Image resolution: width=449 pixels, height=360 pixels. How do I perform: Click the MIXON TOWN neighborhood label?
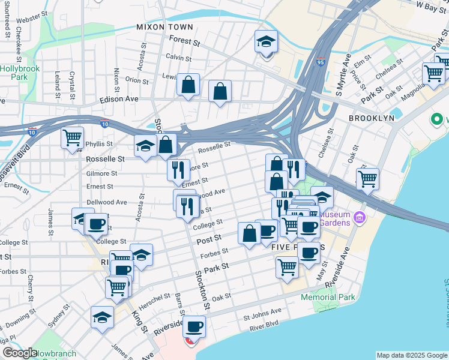tap(164, 27)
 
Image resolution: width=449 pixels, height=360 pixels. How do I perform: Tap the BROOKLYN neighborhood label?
tap(372, 118)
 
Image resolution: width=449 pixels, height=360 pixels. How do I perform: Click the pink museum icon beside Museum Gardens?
tap(360, 217)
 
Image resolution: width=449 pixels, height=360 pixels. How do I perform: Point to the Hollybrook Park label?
tap(20, 73)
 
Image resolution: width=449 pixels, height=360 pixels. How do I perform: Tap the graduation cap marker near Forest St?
tap(266, 42)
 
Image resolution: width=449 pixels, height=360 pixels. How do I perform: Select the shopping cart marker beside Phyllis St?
tap(73, 138)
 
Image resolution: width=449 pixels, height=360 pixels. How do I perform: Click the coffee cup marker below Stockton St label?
tap(194, 327)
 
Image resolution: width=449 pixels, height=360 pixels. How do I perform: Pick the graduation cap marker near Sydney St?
tap(103, 317)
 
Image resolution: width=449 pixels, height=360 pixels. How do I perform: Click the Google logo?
tap(19, 353)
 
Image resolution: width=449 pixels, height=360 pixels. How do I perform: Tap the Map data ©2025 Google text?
tap(411, 355)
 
